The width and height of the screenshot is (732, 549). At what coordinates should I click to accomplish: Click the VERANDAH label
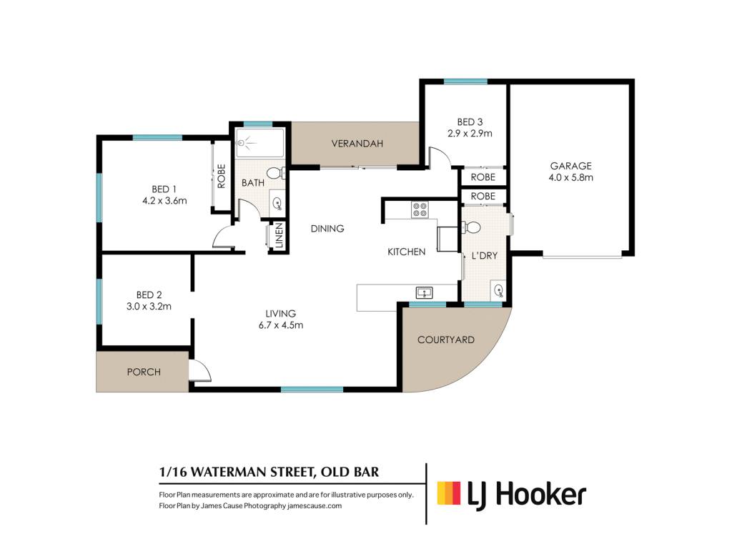tap(357, 143)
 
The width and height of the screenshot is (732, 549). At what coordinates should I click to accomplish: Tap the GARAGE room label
tap(570, 166)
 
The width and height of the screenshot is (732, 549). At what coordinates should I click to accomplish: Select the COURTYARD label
tap(446, 340)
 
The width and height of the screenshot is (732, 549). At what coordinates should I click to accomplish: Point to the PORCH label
tap(144, 372)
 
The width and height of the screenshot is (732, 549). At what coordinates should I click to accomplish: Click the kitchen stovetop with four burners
tap(419, 209)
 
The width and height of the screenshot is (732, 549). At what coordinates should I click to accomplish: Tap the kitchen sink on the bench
tap(424, 292)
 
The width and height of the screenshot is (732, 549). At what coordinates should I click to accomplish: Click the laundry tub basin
tap(498, 290)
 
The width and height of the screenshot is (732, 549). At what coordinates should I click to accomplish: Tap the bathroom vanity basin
tap(277, 203)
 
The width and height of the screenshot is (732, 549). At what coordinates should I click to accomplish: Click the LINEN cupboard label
tap(279, 235)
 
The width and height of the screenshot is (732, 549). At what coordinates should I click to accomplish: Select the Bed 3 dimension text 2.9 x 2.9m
tap(470, 134)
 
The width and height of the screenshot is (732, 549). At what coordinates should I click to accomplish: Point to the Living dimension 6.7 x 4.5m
tap(280, 325)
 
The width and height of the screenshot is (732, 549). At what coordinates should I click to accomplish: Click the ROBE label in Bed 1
tap(222, 176)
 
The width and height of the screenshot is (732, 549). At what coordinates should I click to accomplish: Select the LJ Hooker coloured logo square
tap(449, 493)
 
